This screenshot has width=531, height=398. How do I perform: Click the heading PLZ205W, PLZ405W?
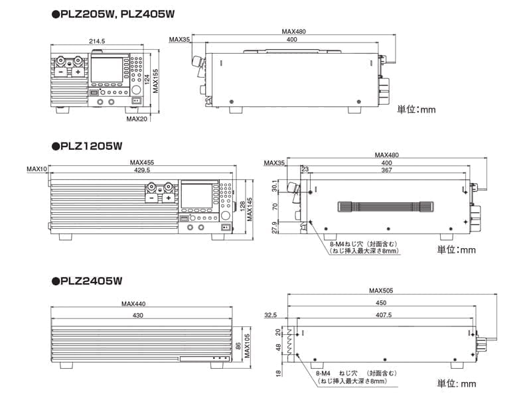(113, 13)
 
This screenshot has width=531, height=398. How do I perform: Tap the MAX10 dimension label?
(37, 170)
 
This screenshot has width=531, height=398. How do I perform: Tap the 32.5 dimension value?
(271, 315)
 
